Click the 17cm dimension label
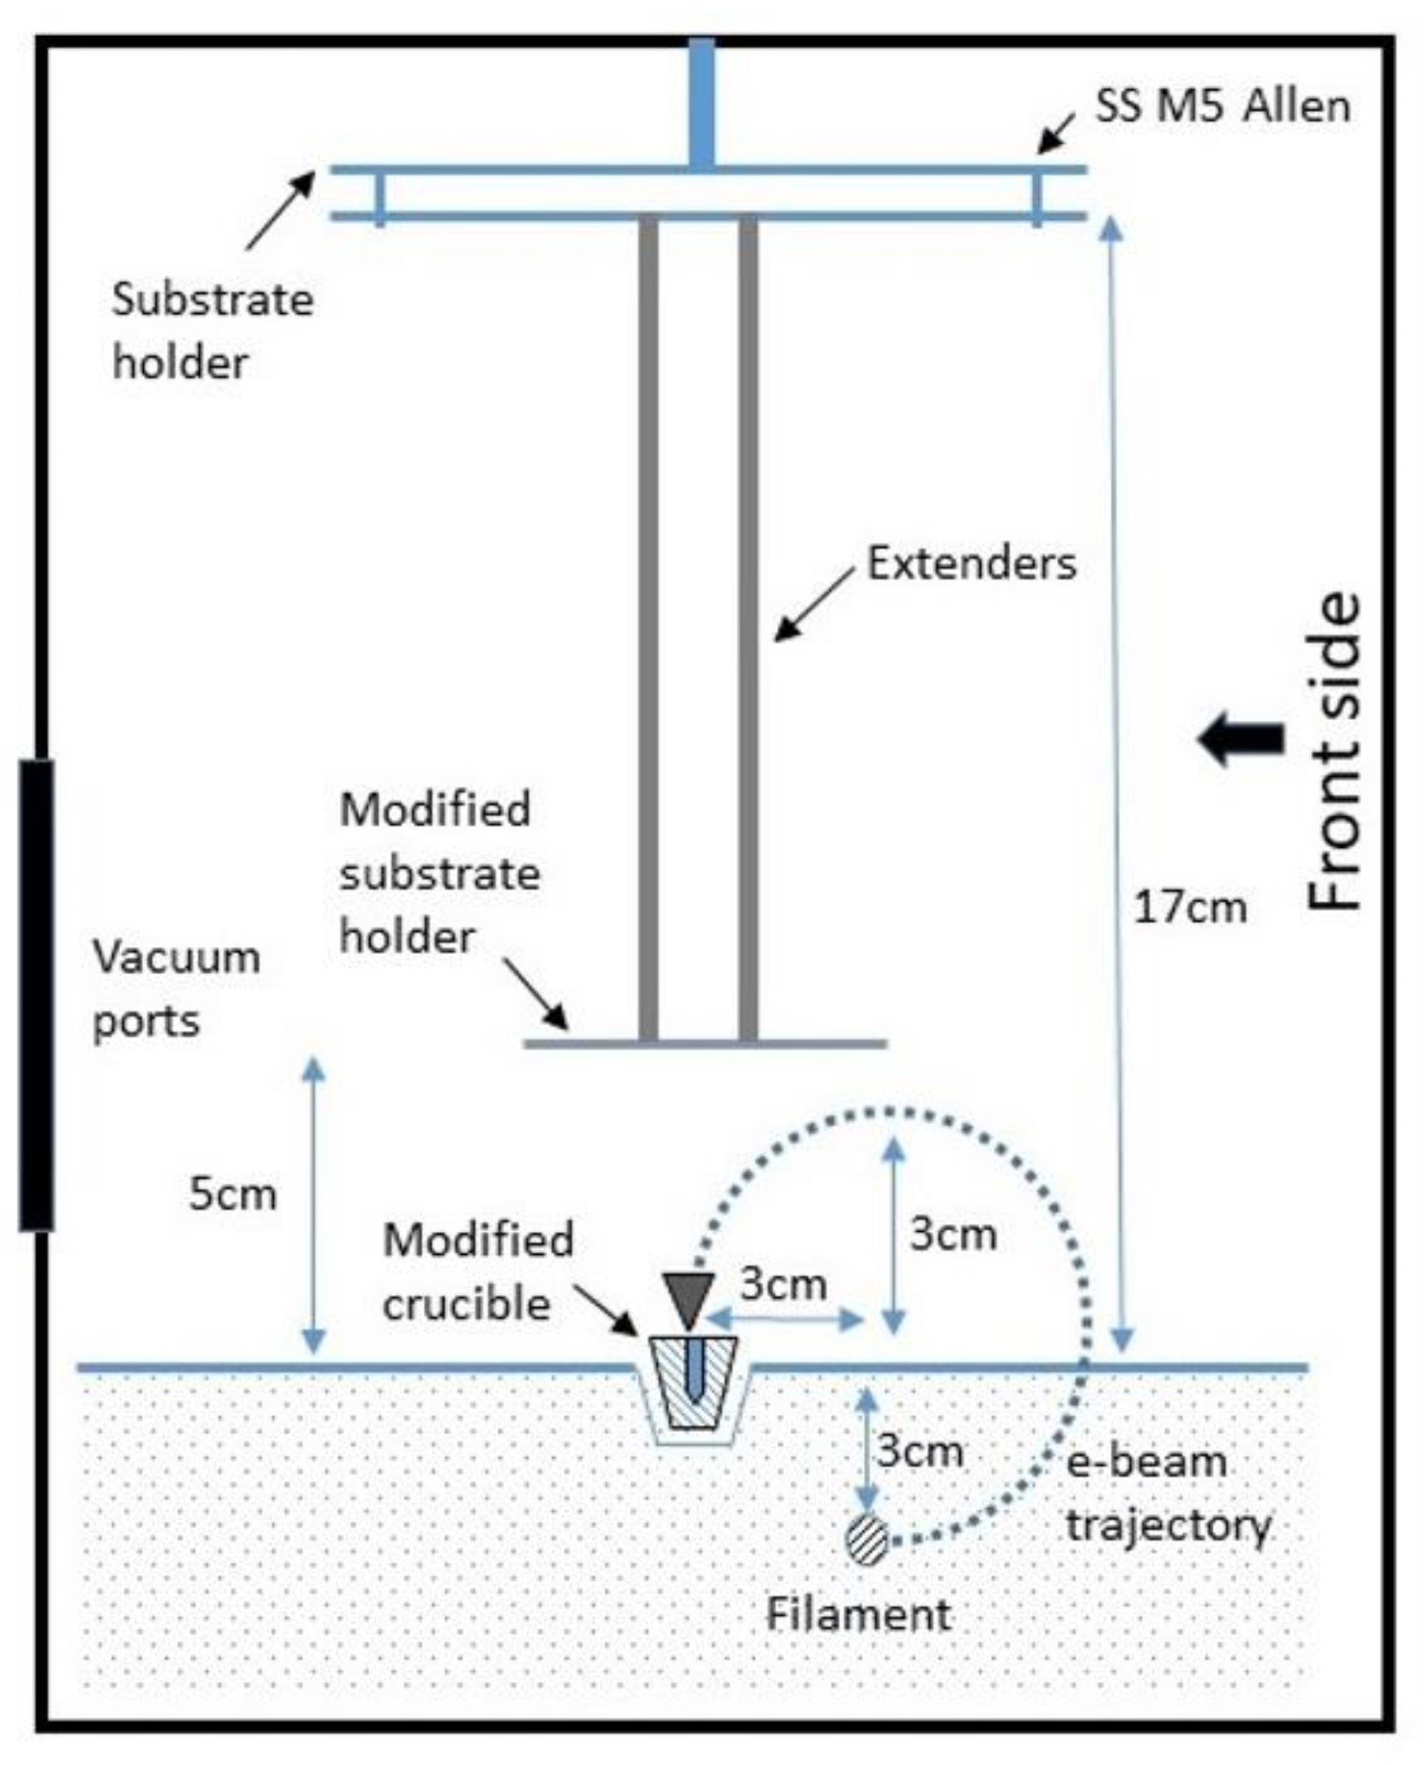tap(1189, 907)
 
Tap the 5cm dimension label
tap(232, 1194)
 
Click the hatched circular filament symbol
tap(868, 1540)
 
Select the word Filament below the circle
tap(858, 1614)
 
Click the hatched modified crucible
tap(693, 1382)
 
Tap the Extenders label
tap(971, 563)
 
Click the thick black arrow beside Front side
tap(1240, 739)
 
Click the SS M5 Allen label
tap(1222, 106)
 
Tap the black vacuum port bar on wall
tap(36, 995)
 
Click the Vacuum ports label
tap(175, 989)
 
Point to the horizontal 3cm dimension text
tap(782, 1285)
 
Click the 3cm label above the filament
tap(919, 1451)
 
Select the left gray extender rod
tap(648, 627)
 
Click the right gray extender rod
tap(747, 627)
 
